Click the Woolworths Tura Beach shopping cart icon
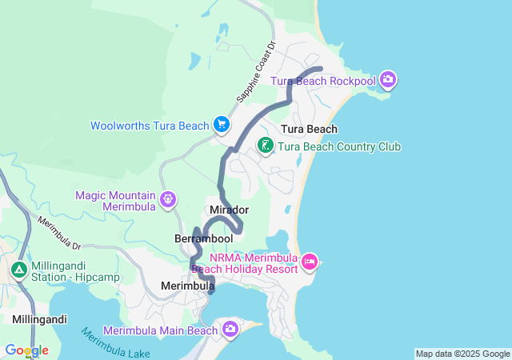point(222,125)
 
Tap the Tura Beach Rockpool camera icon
point(388,78)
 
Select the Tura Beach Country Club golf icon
point(265,146)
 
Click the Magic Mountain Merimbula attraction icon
point(168,198)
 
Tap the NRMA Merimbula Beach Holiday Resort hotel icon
point(310,261)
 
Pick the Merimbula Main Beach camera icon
point(230,329)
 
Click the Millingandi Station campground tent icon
point(18,270)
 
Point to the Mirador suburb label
point(229,210)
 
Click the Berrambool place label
point(203,238)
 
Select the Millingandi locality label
point(39,318)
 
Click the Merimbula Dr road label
point(61,232)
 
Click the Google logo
point(26,350)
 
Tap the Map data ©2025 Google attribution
point(462,354)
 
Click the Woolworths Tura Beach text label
point(150,126)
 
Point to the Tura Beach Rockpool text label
point(322,81)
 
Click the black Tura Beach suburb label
point(309,129)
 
